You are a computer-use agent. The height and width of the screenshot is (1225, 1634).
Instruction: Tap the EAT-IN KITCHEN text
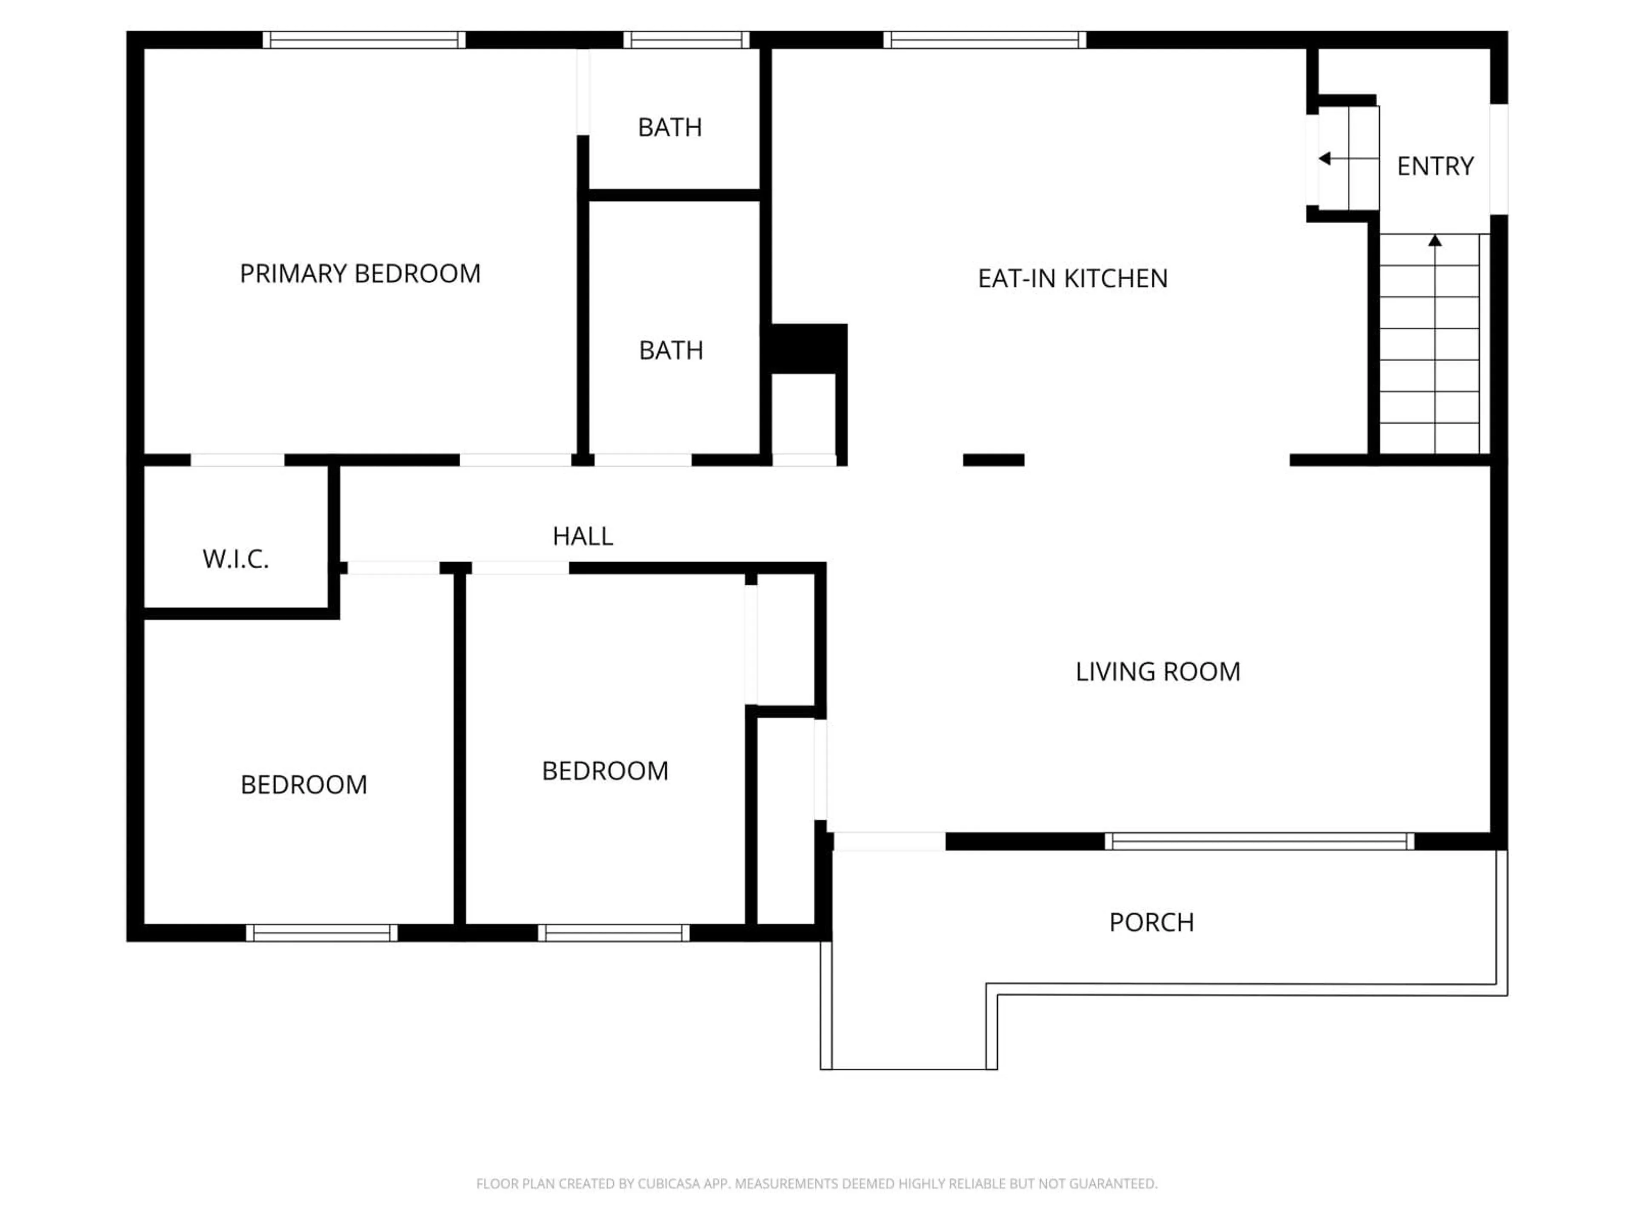[x=1073, y=278]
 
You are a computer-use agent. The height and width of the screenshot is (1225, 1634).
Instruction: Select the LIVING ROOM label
[x=1157, y=671]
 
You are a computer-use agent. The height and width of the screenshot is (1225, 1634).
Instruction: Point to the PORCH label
[x=1151, y=922]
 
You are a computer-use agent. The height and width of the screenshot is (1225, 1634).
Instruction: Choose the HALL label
[x=583, y=536]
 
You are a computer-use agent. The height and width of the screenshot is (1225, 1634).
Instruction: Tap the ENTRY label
[x=1434, y=166]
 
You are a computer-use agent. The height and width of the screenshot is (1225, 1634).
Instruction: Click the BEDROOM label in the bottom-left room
[x=303, y=784]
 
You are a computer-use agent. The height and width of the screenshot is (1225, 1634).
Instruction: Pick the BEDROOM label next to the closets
[x=605, y=771]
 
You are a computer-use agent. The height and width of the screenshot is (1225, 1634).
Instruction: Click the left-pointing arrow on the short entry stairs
[x=1325, y=159]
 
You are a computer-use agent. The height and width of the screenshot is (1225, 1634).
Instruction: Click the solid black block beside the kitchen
[x=807, y=348]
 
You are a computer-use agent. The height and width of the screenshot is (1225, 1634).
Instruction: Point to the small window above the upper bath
[x=686, y=40]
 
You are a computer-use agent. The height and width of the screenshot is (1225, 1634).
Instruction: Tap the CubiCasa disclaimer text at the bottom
[x=816, y=1184]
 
